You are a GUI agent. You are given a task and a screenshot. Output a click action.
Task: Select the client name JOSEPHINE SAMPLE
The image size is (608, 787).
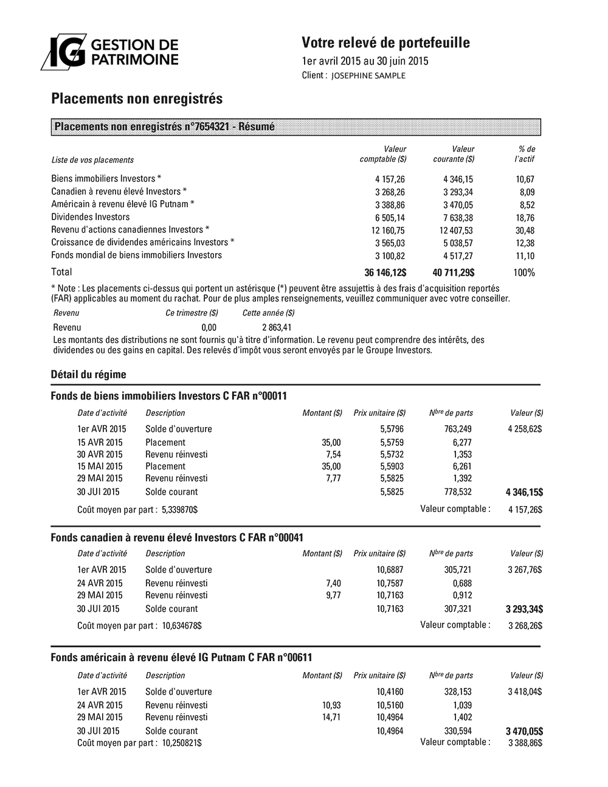coord(368,75)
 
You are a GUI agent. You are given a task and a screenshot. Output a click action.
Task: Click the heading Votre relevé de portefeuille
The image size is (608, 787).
coord(385,43)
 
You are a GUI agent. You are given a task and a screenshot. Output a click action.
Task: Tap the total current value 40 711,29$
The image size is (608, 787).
coord(453,272)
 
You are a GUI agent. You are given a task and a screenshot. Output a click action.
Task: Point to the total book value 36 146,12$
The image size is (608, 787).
coord(385,272)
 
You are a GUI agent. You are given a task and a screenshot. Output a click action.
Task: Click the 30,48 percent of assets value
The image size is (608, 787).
coord(524,230)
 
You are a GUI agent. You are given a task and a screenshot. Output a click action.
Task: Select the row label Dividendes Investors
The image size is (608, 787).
coord(91,217)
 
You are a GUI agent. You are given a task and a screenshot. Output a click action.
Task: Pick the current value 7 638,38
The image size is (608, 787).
coord(458,218)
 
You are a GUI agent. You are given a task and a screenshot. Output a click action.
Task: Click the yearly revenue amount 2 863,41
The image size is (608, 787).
coord(277,327)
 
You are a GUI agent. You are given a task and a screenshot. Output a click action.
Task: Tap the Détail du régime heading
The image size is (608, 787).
coord(89,375)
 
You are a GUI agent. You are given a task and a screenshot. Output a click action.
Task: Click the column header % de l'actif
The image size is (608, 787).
coord(524,154)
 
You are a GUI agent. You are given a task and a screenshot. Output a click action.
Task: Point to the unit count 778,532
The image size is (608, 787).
coord(458,492)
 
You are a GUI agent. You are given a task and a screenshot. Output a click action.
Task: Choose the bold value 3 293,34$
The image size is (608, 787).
coord(525,609)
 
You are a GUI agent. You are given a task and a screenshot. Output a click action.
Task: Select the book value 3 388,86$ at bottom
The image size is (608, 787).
coord(525,743)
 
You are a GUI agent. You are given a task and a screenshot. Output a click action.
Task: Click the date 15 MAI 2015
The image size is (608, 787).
coord(100,466)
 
